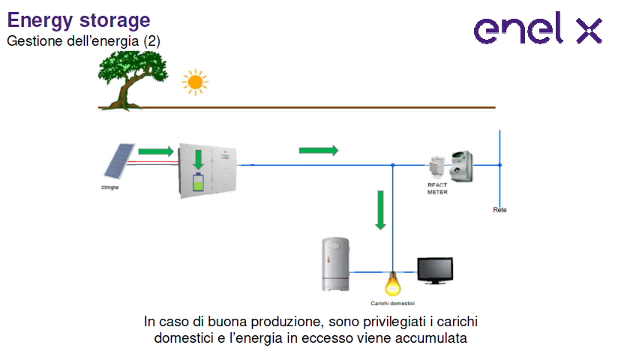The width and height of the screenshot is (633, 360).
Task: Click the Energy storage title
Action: [x=79, y=20]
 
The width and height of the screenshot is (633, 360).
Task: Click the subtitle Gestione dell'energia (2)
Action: [x=83, y=40]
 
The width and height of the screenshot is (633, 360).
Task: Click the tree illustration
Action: [x=132, y=78]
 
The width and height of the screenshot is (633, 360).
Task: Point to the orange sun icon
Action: [x=195, y=82]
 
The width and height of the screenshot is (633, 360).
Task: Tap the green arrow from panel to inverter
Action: [x=155, y=152]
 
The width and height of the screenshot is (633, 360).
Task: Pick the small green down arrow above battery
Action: [x=199, y=159]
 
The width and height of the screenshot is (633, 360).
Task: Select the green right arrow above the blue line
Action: [x=318, y=151]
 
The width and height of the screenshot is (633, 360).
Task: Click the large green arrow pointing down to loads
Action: [x=381, y=209]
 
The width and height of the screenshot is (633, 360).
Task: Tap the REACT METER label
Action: [x=437, y=189]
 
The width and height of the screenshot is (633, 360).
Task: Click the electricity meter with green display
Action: [x=463, y=164]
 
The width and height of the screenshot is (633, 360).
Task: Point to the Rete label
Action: [x=499, y=210]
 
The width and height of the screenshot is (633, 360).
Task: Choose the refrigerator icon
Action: [x=335, y=264]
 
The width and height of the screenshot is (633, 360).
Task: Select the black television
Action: [x=435, y=271]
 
